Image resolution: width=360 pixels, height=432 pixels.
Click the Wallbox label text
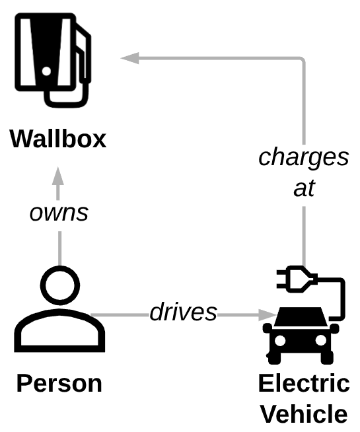tap(58, 139)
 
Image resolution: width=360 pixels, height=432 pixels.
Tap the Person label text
tap(59, 383)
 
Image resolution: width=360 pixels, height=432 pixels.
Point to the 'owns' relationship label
tap(59, 213)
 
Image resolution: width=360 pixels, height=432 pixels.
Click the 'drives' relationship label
tap(183, 312)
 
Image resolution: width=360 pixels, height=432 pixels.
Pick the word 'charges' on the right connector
tap(304, 158)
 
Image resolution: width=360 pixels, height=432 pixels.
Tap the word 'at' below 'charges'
tap(304, 189)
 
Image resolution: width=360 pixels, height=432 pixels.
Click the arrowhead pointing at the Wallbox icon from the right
tap(130, 58)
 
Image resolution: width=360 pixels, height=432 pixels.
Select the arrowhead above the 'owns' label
tap(58, 176)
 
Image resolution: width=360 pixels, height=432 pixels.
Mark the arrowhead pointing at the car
tap(267, 315)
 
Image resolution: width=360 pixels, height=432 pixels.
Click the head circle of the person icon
tap(60, 285)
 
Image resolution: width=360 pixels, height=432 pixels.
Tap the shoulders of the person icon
tap(59, 331)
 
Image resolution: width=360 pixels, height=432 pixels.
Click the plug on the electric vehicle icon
tap(297, 279)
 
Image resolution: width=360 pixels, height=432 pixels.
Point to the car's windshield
tap(301, 316)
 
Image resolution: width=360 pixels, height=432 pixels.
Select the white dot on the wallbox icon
tap(46, 71)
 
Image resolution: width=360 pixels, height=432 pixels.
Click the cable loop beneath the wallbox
tap(67, 97)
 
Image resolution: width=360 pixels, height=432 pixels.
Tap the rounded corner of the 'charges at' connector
tap(302, 60)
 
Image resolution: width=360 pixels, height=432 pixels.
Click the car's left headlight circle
tap(280, 341)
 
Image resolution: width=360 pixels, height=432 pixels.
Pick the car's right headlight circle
tap(321, 341)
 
